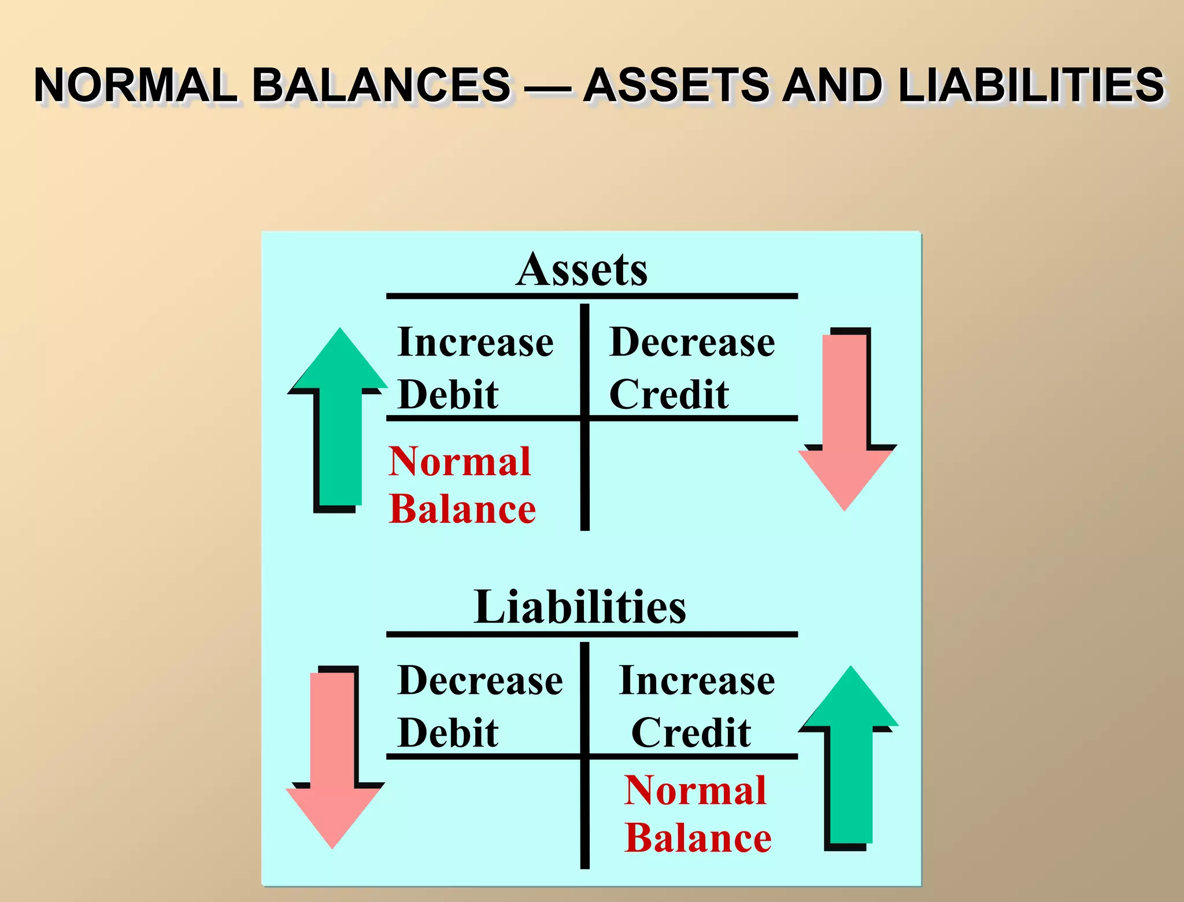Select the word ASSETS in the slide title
click(677, 86)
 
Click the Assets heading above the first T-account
click(582, 269)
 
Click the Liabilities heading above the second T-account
click(580, 607)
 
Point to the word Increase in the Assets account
click(475, 342)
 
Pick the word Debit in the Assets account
click(448, 395)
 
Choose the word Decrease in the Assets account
click(692, 342)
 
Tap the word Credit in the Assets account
click(669, 395)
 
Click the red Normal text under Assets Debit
click(460, 462)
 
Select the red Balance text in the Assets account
click(462, 509)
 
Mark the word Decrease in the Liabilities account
click(480, 681)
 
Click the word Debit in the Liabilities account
click(448, 733)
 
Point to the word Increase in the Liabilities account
click(697, 681)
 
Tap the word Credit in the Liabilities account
click(691, 733)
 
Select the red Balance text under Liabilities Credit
click(698, 838)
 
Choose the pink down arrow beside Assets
click(845, 422)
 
